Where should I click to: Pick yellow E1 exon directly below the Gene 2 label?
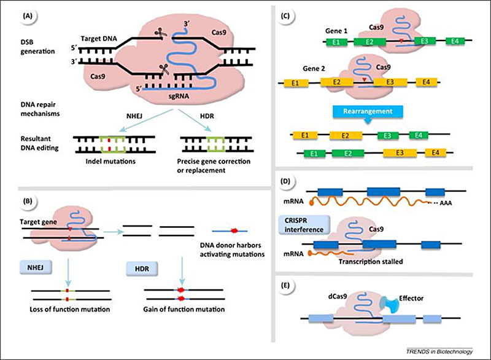[300, 82]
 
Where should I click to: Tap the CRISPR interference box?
[306, 221]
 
